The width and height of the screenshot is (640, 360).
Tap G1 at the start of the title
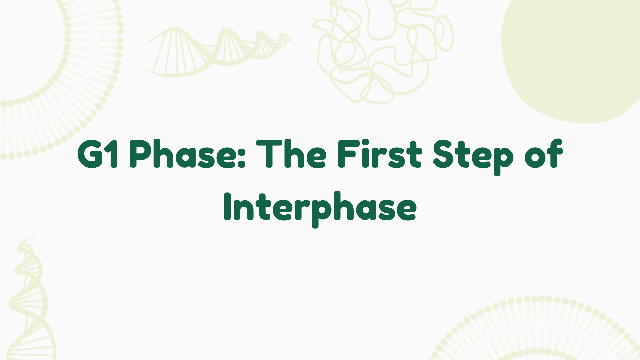pos(97,154)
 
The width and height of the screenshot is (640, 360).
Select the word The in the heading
pos(291,154)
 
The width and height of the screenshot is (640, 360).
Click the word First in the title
pos(379,154)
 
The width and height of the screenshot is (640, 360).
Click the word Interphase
pos(320,207)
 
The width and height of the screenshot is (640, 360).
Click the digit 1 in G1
pos(113,154)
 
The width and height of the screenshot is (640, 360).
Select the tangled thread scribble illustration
pos(383,50)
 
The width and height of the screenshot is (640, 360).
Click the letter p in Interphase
pos(318,210)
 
